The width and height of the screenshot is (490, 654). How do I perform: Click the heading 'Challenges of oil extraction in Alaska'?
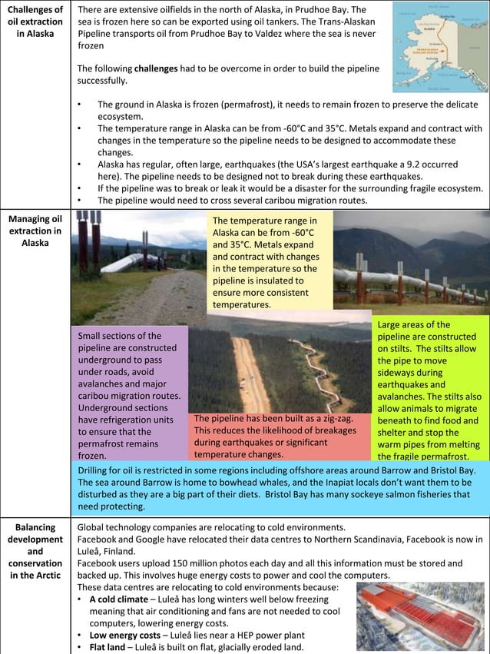coord(35,22)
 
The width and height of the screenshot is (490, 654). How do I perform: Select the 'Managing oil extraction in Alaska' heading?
coord(35,231)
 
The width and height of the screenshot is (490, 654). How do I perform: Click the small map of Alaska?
coord(439,47)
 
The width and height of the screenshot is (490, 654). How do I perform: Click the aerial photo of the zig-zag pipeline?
coord(280,361)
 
